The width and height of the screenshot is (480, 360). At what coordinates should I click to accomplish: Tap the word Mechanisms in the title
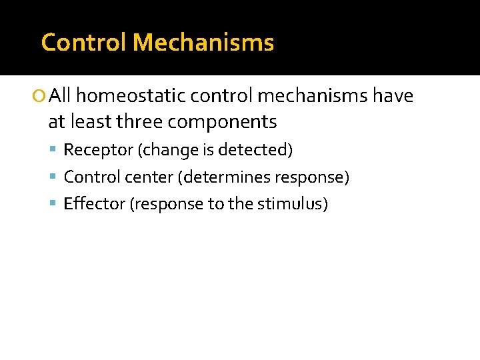pos(203,43)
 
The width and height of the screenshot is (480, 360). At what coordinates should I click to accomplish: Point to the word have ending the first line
pos(393,97)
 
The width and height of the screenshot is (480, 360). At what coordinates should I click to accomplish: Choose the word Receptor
pos(98,150)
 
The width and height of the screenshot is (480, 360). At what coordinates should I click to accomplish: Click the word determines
pos(219,177)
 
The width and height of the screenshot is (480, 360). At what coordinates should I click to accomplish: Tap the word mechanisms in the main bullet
pos(312,97)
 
